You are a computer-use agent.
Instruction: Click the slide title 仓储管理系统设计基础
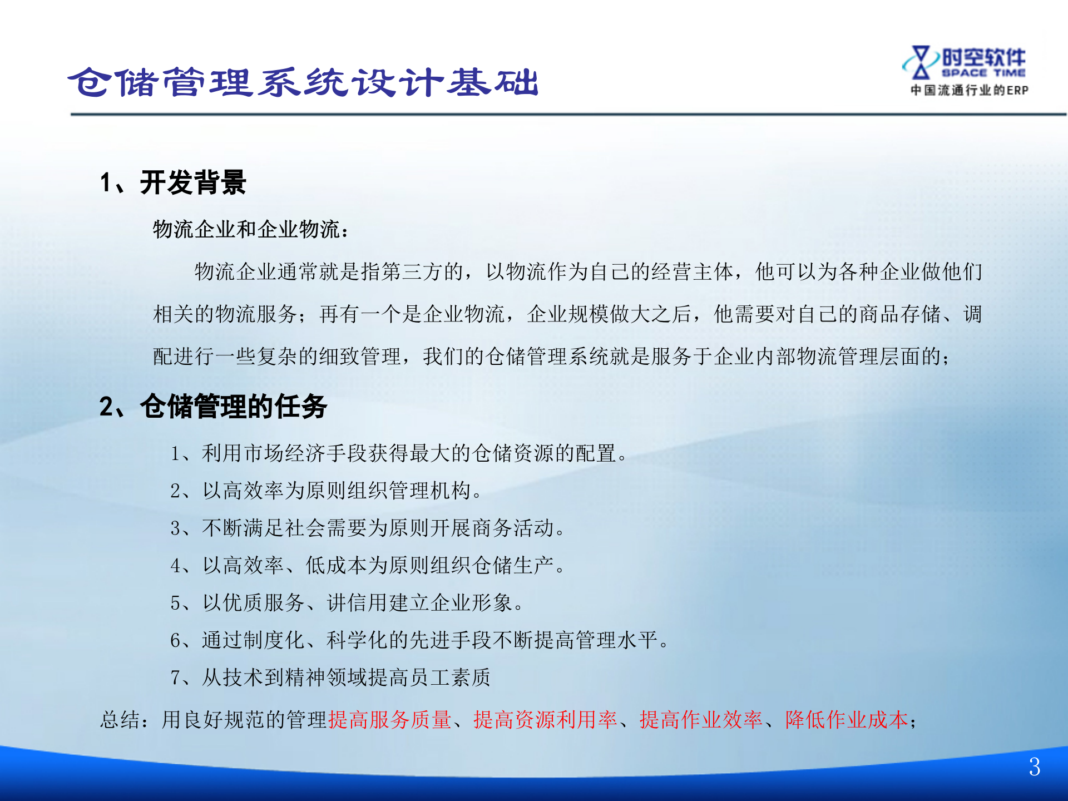tap(303, 82)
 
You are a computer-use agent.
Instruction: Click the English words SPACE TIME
tap(983, 73)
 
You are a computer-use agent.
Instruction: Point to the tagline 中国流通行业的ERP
tap(969, 90)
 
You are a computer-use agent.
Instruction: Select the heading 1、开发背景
tap(173, 182)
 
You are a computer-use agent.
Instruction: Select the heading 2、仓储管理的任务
tap(213, 406)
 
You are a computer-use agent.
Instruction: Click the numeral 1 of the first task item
tap(175, 454)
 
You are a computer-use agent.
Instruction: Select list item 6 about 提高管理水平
tap(420, 640)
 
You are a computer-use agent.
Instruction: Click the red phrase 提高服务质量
tap(389, 720)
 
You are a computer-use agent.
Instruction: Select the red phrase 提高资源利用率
tap(545, 720)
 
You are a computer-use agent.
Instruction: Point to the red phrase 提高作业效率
tap(701, 720)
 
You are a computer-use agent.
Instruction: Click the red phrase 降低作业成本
tap(846, 720)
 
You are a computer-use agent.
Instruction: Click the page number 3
tap(1034, 768)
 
